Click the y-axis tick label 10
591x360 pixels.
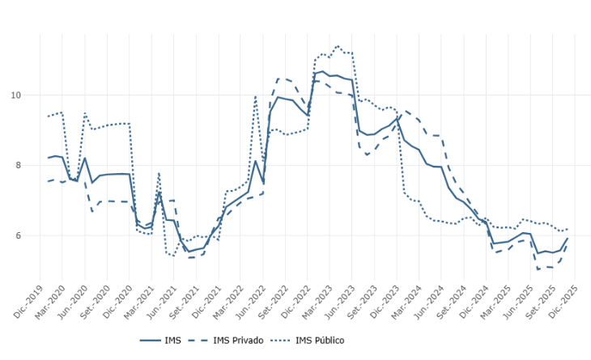[16, 95]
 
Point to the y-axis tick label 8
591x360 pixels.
[19, 166]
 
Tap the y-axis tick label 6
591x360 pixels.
[19, 236]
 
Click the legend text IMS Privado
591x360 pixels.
[237, 341]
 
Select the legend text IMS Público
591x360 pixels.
[320, 341]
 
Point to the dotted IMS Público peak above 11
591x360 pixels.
[338, 46]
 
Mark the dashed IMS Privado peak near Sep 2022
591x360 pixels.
[278, 78]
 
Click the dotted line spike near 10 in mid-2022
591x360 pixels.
[256, 96]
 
